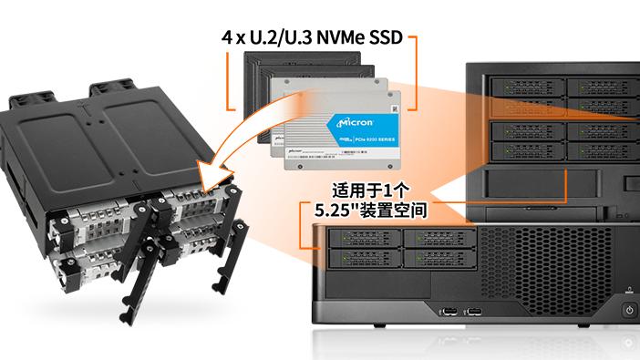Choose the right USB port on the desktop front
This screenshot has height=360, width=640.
(475, 314)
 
